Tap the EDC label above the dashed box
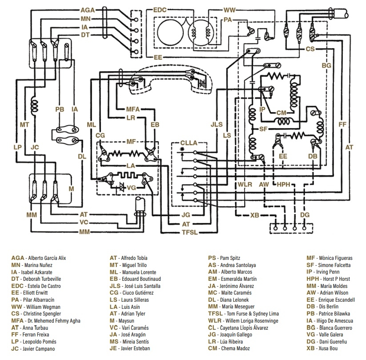pyautogui.click(x=160, y=9)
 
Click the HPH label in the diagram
pyautogui.click(x=284, y=184)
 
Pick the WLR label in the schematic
pyautogui.click(x=245, y=184)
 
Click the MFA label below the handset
pyautogui.click(x=133, y=109)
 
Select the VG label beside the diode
pyautogui.click(x=131, y=188)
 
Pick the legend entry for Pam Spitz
pyautogui.click(x=226, y=258)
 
